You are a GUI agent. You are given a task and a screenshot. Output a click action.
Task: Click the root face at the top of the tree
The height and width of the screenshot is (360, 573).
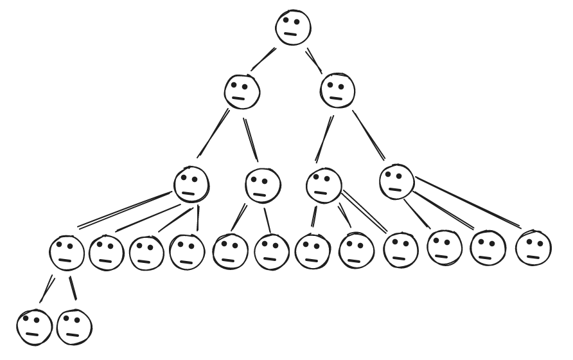coord(293,28)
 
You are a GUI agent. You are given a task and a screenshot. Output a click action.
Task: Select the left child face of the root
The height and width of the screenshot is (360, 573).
coord(242,91)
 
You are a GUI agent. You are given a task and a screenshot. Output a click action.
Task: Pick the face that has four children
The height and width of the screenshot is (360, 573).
coord(191,184)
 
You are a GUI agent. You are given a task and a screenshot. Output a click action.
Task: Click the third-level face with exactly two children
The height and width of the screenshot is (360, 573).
coord(263,184)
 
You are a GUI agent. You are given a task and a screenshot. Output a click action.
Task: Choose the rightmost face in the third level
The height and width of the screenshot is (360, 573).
coord(397,181)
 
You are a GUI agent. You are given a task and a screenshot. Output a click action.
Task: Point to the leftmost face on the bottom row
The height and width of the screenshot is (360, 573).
coord(34,327)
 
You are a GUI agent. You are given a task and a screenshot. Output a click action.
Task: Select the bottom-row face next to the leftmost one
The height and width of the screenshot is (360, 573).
coord(75,327)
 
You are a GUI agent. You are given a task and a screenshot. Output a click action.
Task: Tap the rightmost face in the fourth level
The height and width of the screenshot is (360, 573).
coord(533,248)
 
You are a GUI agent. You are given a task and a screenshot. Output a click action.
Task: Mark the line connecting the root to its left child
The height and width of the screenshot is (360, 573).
coord(263,59)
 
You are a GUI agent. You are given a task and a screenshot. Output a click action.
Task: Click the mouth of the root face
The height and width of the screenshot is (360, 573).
coord(293,34)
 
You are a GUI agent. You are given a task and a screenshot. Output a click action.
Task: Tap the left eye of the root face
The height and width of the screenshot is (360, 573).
coord(286,20)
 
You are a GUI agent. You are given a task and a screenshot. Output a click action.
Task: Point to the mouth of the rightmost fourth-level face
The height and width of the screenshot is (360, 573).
coord(533,255)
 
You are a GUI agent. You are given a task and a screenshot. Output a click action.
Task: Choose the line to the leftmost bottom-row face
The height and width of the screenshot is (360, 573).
coord(46,289)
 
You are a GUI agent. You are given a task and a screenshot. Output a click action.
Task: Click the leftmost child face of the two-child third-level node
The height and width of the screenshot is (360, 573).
coord(230,251)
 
